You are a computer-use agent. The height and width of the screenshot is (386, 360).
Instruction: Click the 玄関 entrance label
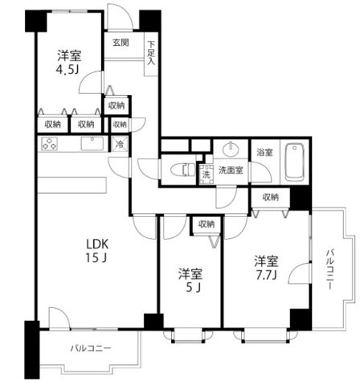point(121,42)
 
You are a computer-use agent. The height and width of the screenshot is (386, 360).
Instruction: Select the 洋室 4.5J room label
point(67,63)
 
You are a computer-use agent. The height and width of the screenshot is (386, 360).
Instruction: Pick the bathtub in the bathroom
point(296,161)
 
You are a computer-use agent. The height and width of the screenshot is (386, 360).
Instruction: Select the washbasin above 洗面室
point(231,150)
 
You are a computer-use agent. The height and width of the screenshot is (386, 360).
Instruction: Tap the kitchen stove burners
point(50,145)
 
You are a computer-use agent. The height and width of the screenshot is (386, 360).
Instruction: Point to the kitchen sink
point(90,145)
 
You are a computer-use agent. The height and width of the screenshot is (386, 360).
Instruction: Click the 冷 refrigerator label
point(119,146)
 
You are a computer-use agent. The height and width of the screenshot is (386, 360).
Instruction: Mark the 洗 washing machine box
point(206,173)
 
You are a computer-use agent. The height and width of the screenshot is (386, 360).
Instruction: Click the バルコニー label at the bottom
point(89,348)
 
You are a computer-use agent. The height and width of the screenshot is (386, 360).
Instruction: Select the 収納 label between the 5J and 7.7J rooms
point(207,224)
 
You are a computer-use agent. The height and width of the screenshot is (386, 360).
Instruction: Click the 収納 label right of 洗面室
point(269,197)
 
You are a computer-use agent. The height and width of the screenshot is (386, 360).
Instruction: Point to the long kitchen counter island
point(72,183)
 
